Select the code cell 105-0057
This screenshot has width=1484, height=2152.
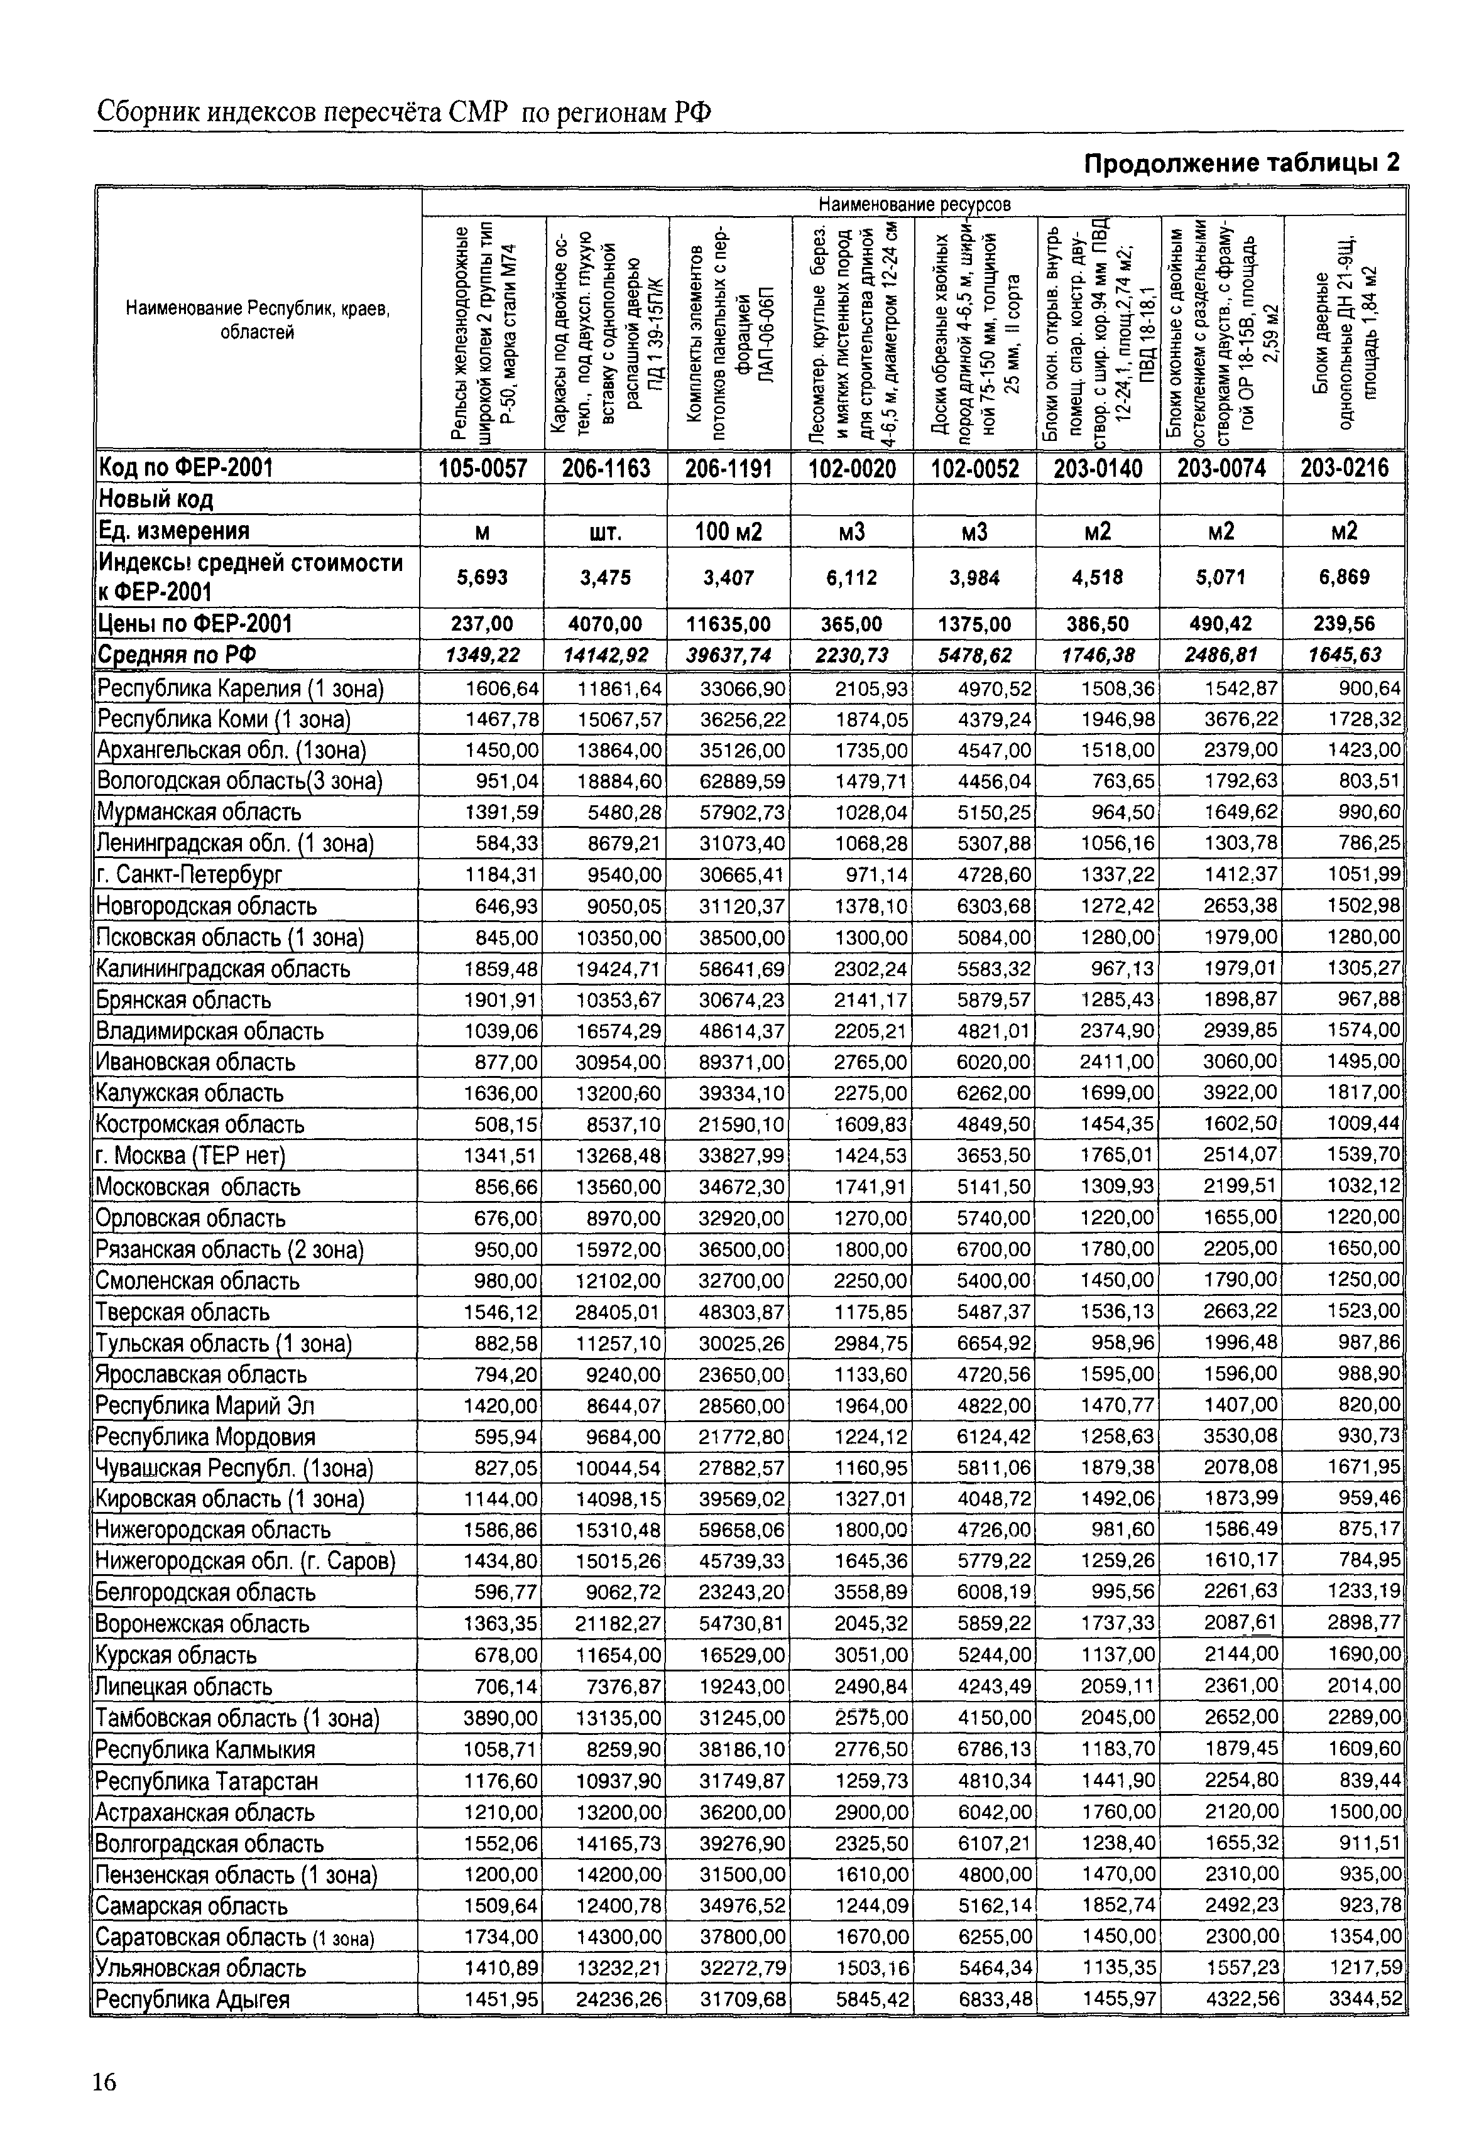tap(483, 469)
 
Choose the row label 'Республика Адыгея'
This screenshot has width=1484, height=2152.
tap(192, 1999)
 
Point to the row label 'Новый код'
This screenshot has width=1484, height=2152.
tap(156, 500)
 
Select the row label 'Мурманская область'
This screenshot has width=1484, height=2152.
tap(199, 812)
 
